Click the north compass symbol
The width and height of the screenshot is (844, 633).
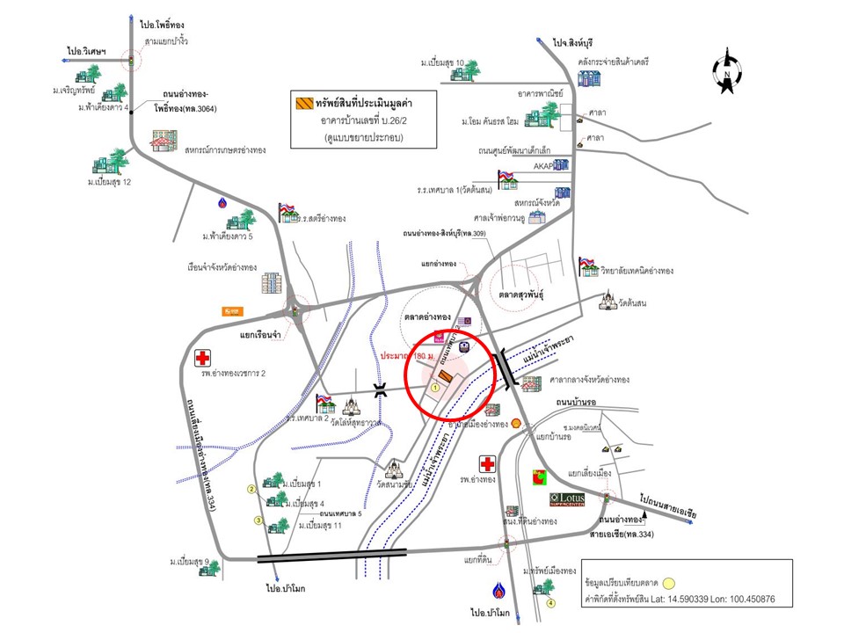(726, 73)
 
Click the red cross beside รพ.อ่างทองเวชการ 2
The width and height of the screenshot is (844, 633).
(203, 359)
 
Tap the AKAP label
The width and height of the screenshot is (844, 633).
(542, 165)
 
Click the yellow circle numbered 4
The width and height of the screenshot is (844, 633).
(551, 603)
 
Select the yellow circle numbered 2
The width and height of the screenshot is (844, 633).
(251, 489)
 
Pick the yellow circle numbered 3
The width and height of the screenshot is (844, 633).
(258, 520)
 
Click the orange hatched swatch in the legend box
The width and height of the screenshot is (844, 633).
(304, 103)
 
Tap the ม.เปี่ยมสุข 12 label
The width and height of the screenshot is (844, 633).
(115, 182)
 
